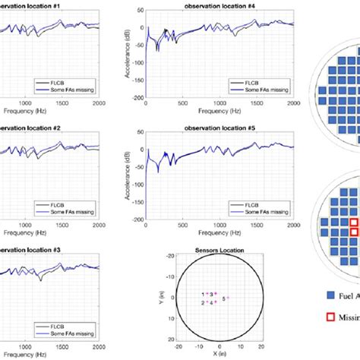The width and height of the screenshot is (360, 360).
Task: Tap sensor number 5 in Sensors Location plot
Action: (223, 299)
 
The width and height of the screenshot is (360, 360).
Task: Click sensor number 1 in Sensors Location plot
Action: (203, 293)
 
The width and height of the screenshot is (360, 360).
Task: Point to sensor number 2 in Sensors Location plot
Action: (203, 302)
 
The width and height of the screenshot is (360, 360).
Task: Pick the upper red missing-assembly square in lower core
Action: (353, 221)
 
